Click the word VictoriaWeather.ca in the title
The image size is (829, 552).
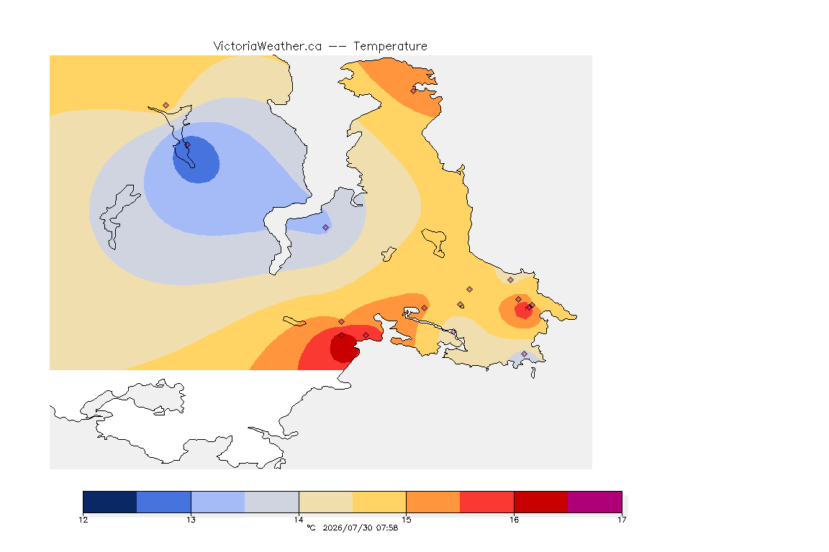click(x=268, y=47)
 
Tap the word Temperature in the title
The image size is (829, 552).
click(x=390, y=47)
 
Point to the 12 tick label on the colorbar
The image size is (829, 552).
click(x=83, y=520)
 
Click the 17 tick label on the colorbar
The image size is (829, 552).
click(x=622, y=520)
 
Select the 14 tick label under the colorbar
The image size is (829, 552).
click(x=299, y=520)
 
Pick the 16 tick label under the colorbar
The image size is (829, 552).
click(x=514, y=520)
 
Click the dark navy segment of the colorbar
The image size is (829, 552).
click(x=110, y=502)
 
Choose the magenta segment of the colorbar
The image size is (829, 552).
click(x=595, y=502)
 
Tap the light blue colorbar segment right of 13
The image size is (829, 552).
click(x=218, y=502)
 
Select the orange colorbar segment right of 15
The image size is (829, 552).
click(x=433, y=502)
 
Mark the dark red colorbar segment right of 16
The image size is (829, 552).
click(x=541, y=502)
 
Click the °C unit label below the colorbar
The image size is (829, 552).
click(x=311, y=528)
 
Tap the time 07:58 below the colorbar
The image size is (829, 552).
click(x=387, y=528)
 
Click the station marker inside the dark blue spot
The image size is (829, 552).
click(x=187, y=144)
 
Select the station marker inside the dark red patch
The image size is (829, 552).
click(x=342, y=336)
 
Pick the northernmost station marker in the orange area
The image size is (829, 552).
click(x=414, y=91)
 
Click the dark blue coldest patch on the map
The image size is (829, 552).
click(x=196, y=160)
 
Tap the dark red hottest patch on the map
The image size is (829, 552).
click(x=344, y=348)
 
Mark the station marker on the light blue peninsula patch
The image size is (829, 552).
click(x=326, y=228)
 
